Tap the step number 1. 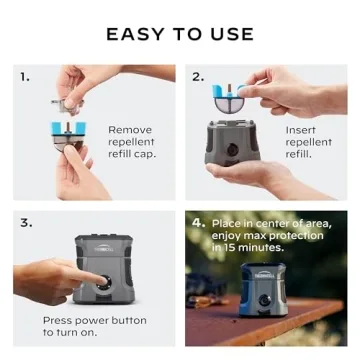(x=24, y=76)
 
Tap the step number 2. (x=197, y=76)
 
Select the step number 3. (x=24, y=222)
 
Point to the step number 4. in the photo (x=198, y=222)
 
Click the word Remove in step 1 (x=130, y=130)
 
